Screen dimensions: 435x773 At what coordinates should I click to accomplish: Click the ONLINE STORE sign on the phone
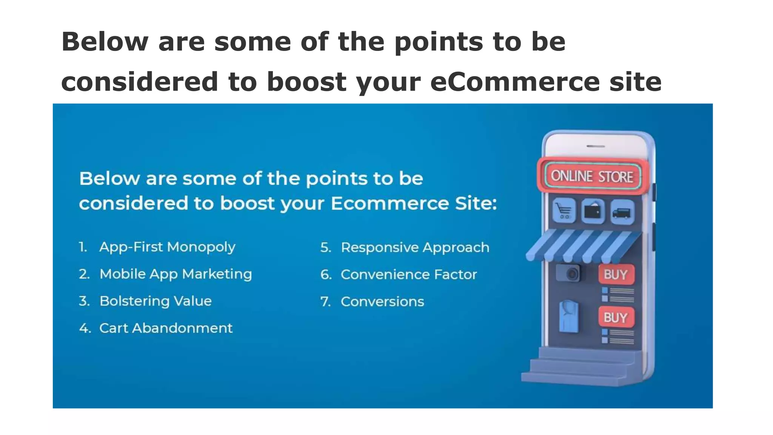tap(592, 176)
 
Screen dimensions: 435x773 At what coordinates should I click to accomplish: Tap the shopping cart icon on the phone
tap(564, 211)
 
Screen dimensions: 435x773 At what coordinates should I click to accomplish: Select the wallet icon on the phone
tap(593, 211)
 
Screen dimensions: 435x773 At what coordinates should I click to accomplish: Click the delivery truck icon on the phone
tap(622, 212)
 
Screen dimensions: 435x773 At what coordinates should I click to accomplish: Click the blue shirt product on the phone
tap(568, 316)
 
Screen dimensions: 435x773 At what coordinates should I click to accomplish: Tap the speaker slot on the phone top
tap(596, 146)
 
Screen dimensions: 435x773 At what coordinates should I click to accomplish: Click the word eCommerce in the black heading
tap(515, 82)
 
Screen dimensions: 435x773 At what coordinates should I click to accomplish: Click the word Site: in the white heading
tap(476, 204)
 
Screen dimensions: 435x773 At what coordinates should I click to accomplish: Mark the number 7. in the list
tap(325, 302)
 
